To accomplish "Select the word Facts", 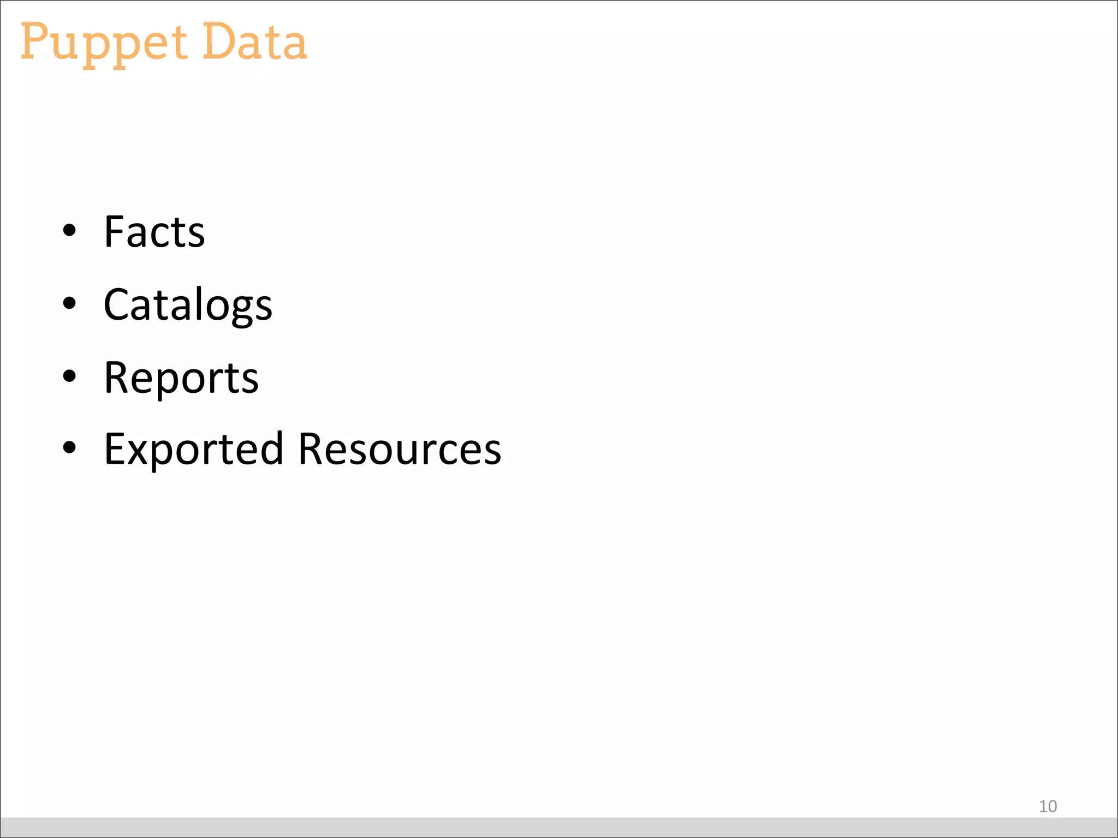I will pyautogui.click(x=154, y=232).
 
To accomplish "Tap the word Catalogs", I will pyautogui.click(x=188, y=304).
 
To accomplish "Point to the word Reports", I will pyautogui.click(x=181, y=378).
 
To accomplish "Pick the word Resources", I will pyautogui.click(x=400, y=449).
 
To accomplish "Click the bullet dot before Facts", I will pyautogui.click(x=69, y=230).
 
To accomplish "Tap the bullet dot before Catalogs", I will pyautogui.click(x=69, y=302).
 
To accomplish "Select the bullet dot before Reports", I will pyautogui.click(x=69, y=375).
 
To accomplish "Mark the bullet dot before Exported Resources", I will pyautogui.click(x=69, y=447).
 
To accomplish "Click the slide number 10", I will pyautogui.click(x=1048, y=806).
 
